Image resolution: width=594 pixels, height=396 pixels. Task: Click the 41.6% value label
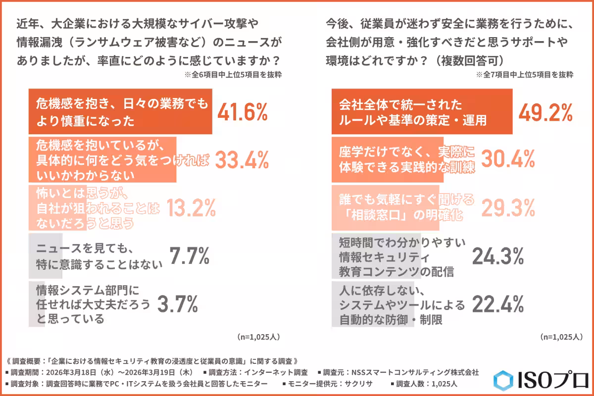(x=243, y=112)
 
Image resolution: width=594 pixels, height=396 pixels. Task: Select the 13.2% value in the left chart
(x=191, y=208)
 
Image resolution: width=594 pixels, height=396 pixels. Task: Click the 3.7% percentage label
(x=177, y=303)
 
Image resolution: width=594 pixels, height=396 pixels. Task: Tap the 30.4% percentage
(x=508, y=159)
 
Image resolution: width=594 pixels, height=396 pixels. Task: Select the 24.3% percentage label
(x=497, y=256)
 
